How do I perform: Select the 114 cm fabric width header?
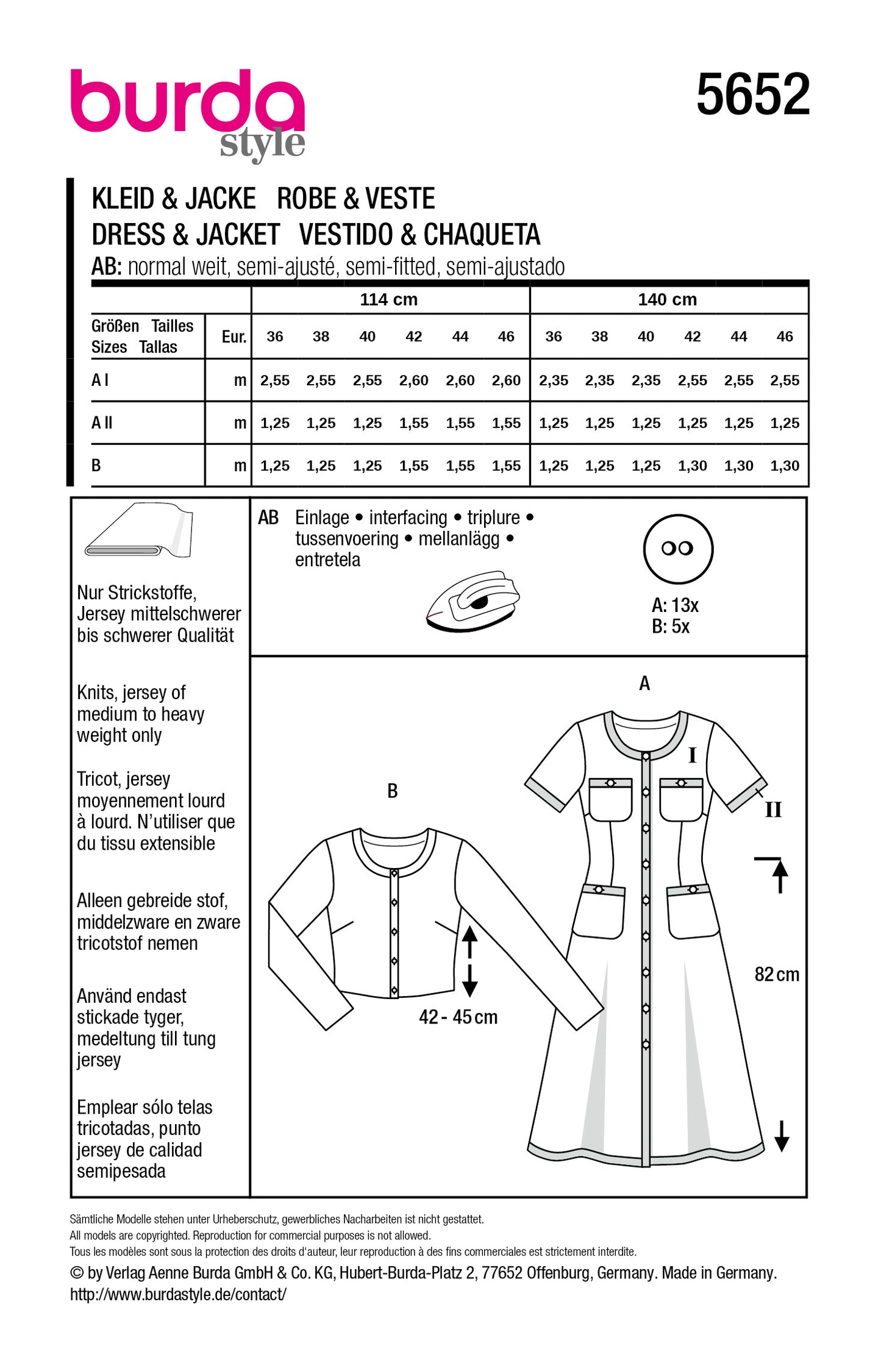coord(388,299)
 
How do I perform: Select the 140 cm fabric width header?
coord(667,299)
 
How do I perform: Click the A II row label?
coord(102,422)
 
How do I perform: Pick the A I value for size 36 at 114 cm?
coord(274,380)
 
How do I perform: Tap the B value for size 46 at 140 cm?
coord(784,466)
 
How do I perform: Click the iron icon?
coord(473,601)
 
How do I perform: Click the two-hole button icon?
coord(677,549)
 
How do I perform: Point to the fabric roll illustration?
coord(140,530)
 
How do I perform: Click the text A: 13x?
coord(675,605)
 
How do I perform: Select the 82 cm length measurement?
coord(776,974)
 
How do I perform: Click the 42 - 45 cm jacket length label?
coord(458,1017)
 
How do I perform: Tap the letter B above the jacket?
coord(392,791)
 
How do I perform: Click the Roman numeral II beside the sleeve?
coord(772,810)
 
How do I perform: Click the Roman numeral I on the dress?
coord(691,756)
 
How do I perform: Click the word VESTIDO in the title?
coord(345,235)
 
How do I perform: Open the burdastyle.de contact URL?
coord(178,1294)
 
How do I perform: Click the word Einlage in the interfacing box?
coord(322,518)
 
